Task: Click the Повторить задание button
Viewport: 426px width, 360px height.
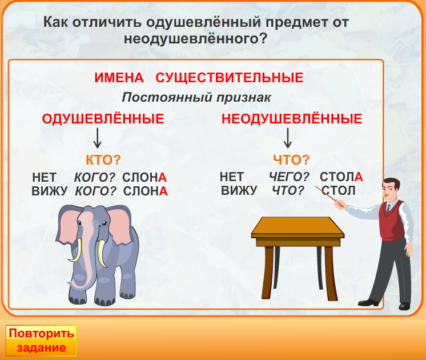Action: click(x=41, y=341)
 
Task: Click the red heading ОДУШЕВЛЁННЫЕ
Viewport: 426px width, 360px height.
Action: click(x=103, y=118)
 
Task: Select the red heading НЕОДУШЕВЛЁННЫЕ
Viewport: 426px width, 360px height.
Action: click(x=292, y=118)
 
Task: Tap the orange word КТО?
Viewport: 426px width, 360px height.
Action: click(x=103, y=159)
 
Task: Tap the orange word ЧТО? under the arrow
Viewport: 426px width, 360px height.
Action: click(x=291, y=159)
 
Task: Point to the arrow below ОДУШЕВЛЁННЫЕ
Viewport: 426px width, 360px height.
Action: click(x=97, y=138)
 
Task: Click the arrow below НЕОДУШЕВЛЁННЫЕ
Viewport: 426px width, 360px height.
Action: click(x=287, y=138)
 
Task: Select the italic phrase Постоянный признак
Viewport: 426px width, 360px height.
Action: click(x=196, y=97)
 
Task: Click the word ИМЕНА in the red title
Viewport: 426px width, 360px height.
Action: click(x=119, y=78)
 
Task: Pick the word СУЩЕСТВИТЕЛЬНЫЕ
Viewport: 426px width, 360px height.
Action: click(x=230, y=78)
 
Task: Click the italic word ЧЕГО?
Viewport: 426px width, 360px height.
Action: click(x=289, y=177)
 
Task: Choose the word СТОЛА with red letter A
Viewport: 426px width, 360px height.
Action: click(x=341, y=177)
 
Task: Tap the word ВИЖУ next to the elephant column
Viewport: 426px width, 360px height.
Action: click(x=50, y=191)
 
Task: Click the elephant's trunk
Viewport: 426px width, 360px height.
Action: click(x=86, y=253)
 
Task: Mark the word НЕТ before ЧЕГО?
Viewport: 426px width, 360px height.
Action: click(x=231, y=177)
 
